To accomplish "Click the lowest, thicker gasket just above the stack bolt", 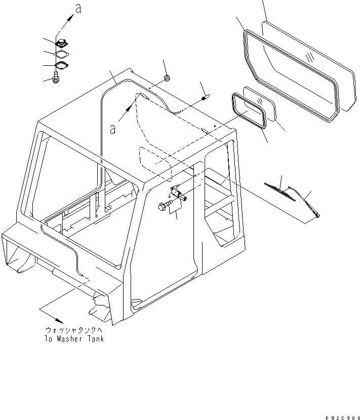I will click(62, 66).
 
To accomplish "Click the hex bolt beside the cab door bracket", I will click(165, 206).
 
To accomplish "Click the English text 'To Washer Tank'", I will click(74, 338).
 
